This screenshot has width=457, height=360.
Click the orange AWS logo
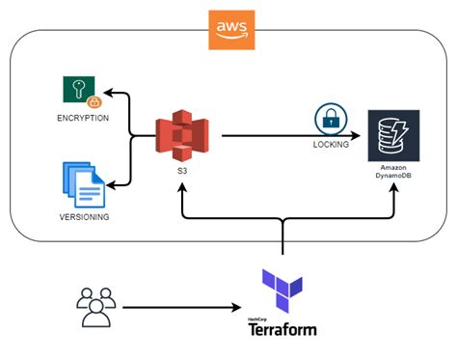click(x=228, y=29)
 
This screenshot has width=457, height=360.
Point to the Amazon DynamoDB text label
click(x=391, y=173)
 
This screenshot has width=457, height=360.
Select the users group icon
click(x=95, y=308)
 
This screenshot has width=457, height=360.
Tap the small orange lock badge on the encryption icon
click(x=94, y=101)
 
